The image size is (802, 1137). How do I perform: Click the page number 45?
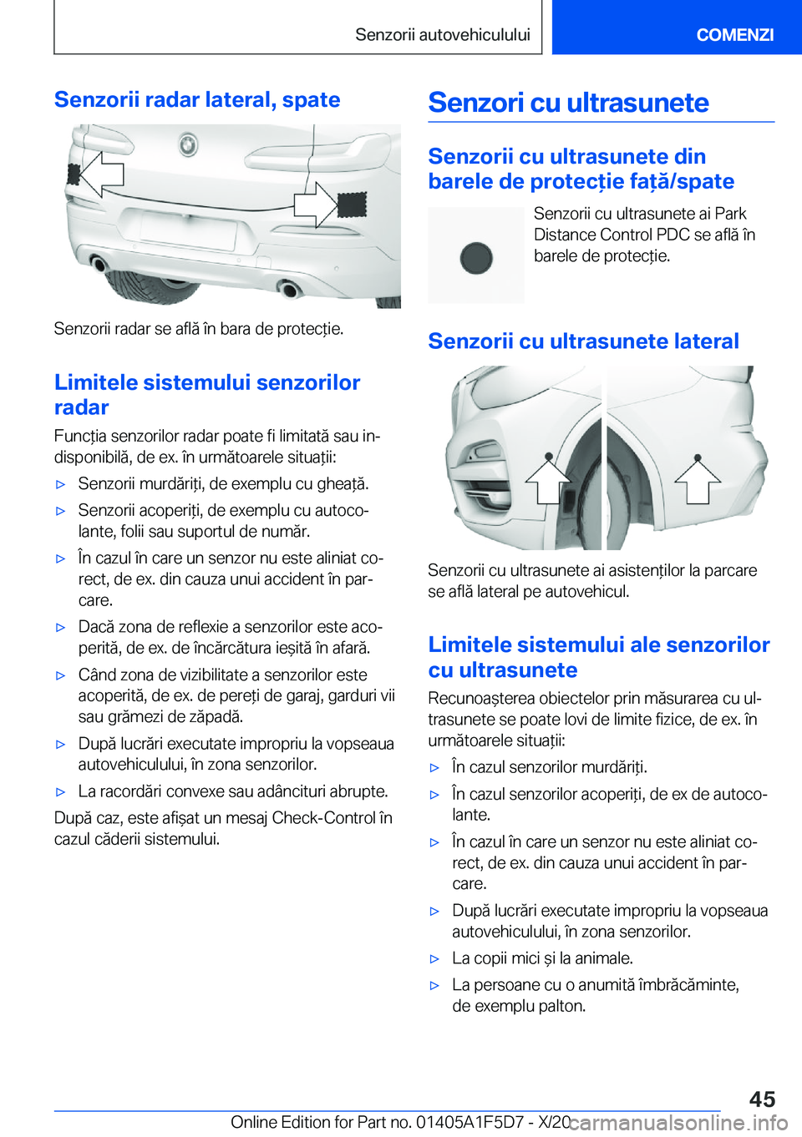[762, 1099]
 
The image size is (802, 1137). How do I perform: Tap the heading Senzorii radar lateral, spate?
[197, 99]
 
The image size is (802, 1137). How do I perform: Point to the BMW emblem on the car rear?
[188, 145]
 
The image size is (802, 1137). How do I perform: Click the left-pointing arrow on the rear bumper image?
[101, 174]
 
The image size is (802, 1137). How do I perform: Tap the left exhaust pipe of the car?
[99, 265]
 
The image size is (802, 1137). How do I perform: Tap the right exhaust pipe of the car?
[291, 290]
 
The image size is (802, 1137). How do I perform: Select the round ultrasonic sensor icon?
[476, 258]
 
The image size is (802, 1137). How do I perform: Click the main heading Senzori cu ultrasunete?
[568, 103]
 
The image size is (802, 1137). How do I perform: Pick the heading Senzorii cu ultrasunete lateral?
[583, 341]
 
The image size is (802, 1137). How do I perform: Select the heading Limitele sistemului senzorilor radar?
[207, 394]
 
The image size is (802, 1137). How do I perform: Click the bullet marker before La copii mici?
[434, 959]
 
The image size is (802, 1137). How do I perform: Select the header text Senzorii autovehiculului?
[443, 34]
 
